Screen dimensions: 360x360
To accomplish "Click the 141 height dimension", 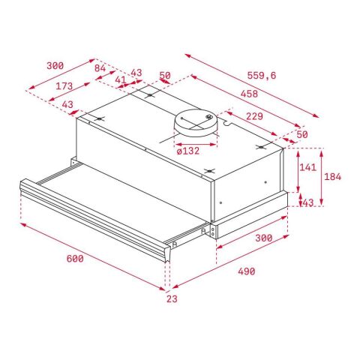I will pos(307,168).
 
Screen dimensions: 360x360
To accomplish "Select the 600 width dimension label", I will pos(73,259).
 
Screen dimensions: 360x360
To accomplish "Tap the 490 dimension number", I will pos(246,271).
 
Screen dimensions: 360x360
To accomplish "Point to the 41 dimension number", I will pos(119,79).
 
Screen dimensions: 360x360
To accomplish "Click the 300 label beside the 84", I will pos(55,66).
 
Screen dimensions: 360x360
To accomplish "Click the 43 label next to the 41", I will pos(136,73).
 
